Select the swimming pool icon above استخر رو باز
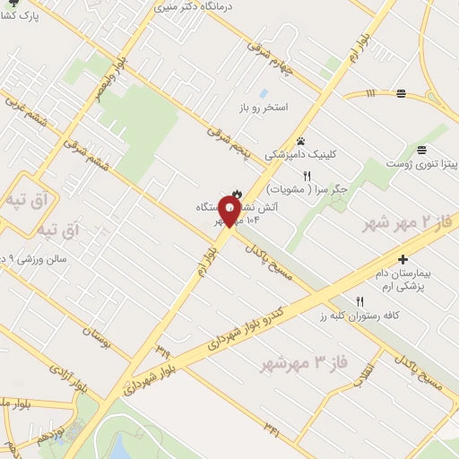click(264, 93)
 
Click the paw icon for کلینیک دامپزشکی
click(301, 141)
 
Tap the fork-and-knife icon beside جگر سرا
click(306, 176)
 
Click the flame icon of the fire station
click(238, 193)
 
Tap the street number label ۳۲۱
click(272, 432)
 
